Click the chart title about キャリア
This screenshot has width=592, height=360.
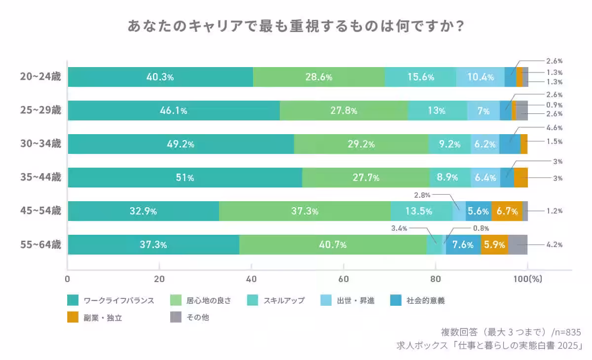click(296, 26)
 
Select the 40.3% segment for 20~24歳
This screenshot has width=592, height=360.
click(160, 77)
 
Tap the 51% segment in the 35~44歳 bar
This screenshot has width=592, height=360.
click(185, 178)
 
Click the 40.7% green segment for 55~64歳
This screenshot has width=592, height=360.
click(333, 245)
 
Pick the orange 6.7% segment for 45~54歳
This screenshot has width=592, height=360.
click(507, 211)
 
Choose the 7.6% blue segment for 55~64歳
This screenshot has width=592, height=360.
click(463, 245)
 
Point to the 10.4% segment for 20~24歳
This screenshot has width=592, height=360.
click(480, 77)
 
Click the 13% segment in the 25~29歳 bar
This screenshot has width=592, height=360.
click(437, 110)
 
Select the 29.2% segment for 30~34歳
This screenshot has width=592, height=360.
click(361, 144)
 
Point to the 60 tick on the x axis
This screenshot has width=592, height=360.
click(343, 279)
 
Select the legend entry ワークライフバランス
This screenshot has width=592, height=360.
click(118, 300)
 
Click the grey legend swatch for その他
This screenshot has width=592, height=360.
click(176, 318)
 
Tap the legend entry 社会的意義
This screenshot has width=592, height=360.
click(425, 300)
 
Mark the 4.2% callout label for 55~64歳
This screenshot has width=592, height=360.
click(554, 245)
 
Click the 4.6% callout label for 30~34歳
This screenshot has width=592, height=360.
click(554, 128)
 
